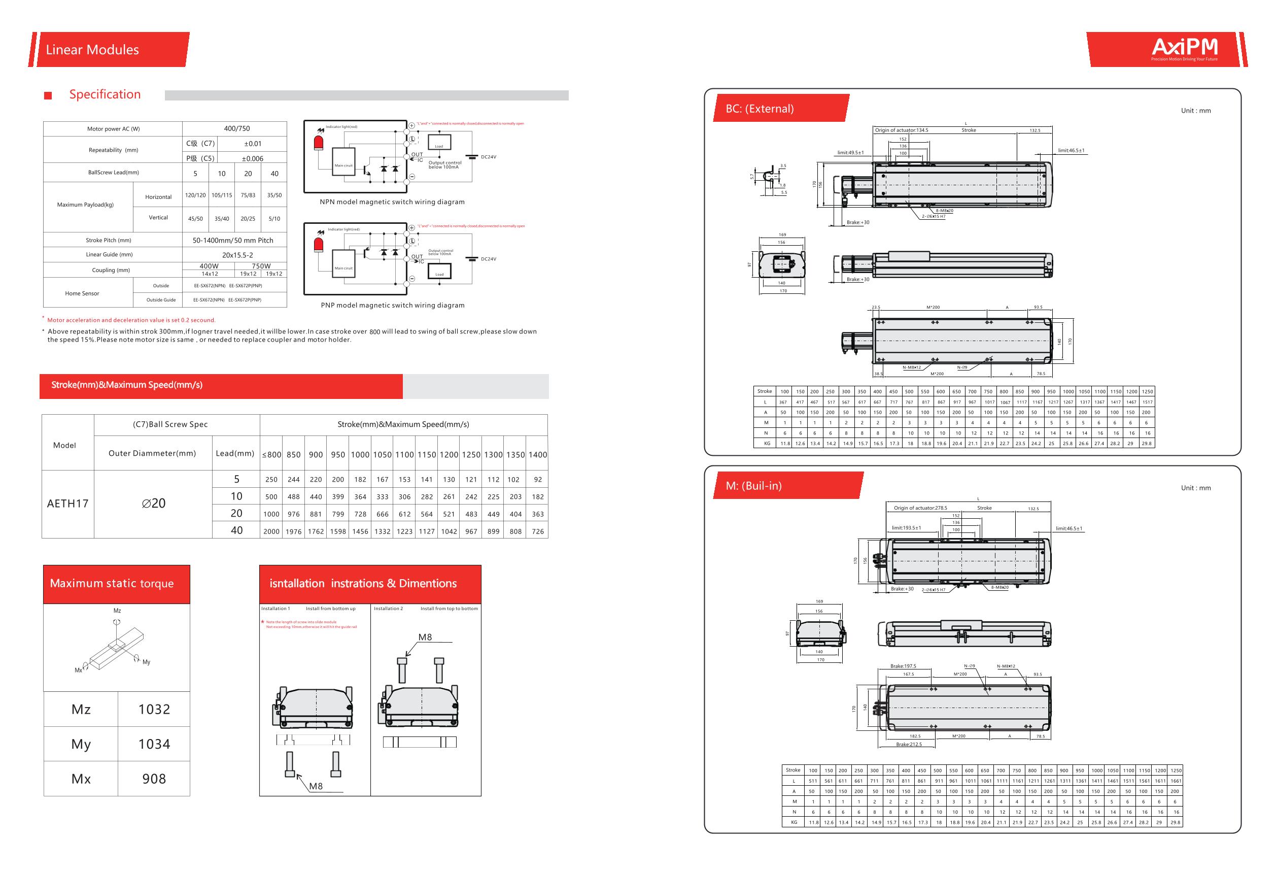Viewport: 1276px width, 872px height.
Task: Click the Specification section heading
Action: pos(105,94)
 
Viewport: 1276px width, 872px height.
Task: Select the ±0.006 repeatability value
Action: pos(253,159)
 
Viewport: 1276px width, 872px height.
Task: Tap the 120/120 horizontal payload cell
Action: pos(195,195)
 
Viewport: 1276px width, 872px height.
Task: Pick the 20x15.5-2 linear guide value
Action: pos(237,255)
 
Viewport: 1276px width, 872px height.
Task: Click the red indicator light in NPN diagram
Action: pos(319,143)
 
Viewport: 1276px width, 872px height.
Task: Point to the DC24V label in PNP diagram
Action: pos(488,259)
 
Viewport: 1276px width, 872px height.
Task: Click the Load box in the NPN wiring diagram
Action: pos(439,142)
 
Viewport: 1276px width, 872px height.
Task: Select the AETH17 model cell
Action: pos(67,504)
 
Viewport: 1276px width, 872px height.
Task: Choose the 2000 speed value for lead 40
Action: pos(271,531)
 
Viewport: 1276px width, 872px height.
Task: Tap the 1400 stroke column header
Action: pos(537,455)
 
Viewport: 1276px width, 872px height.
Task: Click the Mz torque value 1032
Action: pos(154,710)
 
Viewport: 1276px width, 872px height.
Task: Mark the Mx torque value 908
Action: pos(154,779)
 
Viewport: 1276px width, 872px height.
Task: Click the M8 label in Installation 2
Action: pos(425,638)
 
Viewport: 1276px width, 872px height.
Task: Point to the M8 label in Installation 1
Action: pos(316,786)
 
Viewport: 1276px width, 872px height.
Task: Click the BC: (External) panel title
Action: pos(760,109)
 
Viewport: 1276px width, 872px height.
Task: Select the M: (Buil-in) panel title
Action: pos(753,486)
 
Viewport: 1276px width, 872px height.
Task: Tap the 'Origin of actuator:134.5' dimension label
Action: pos(901,130)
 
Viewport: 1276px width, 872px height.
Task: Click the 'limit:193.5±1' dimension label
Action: pos(906,528)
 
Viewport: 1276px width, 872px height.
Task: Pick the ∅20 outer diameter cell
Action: pos(153,504)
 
